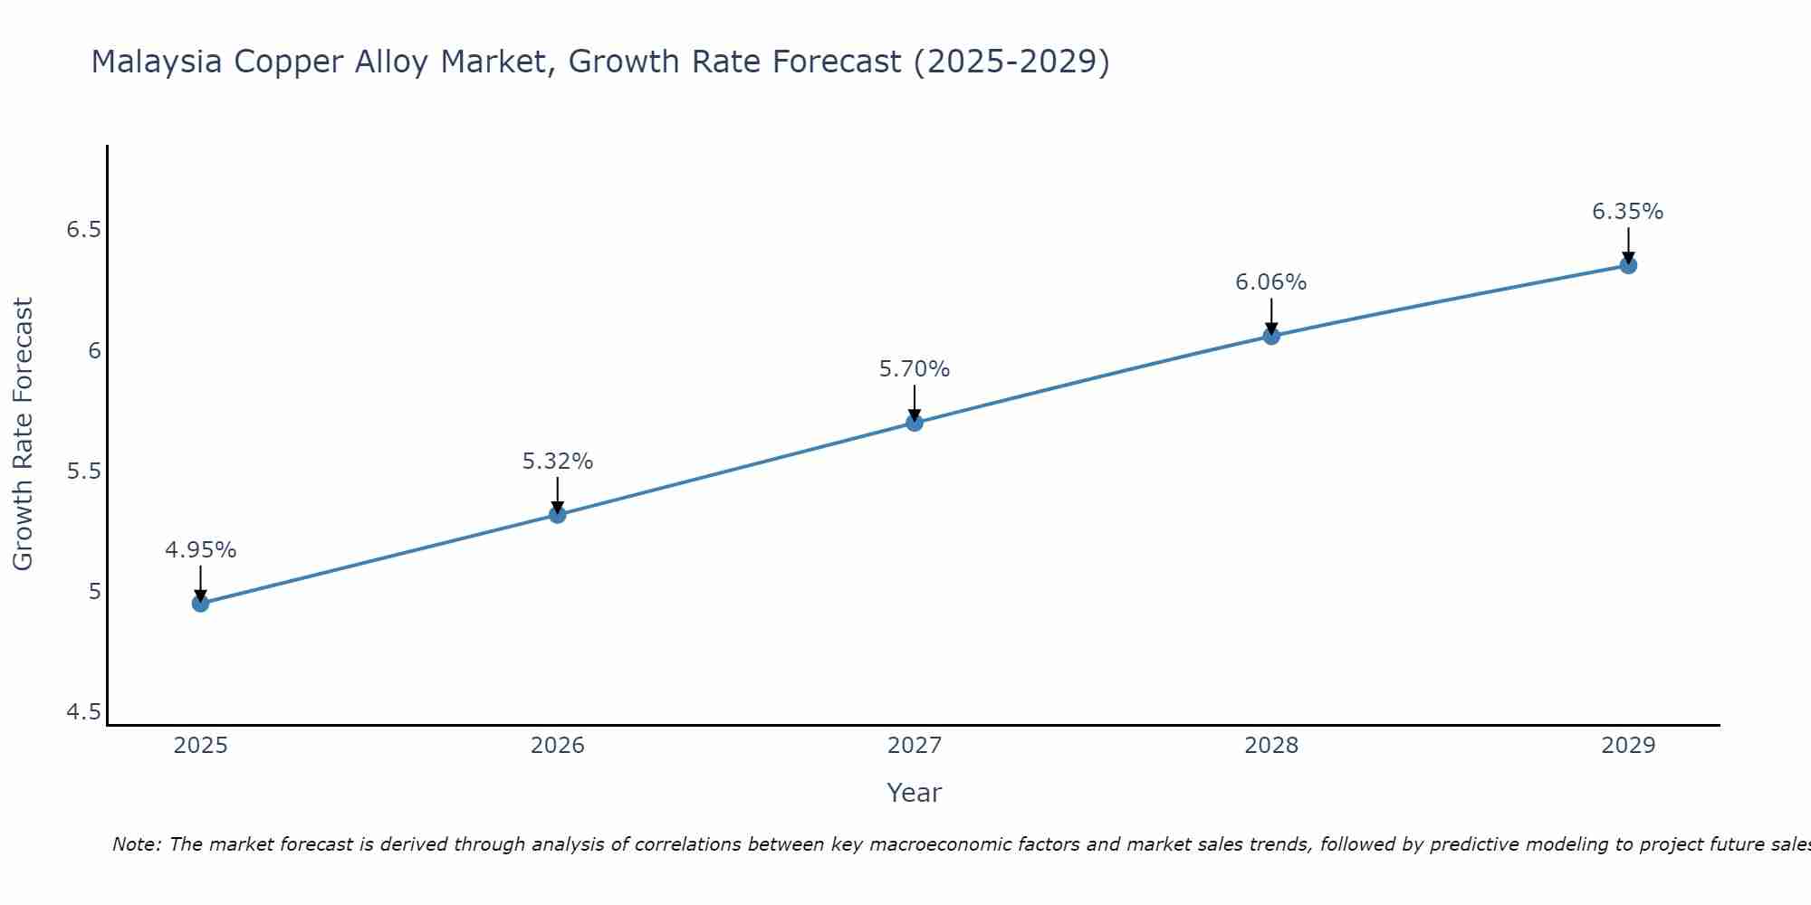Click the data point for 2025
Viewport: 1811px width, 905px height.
(x=201, y=604)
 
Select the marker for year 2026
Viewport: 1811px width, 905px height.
(x=558, y=515)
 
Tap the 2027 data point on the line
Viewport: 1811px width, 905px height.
(x=915, y=423)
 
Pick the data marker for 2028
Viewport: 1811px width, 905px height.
(x=1271, y=336)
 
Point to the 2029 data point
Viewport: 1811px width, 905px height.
(x=1628, y=265)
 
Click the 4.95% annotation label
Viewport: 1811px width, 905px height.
(x=201, y=550)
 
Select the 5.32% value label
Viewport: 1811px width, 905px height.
(x=558, y=462)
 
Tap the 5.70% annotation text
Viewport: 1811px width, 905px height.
(x=915, y=369)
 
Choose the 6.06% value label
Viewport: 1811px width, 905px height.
(x=1271, y=282)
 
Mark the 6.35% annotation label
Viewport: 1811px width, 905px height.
(x=1628, y=212)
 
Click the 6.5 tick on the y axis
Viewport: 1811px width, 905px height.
(x=83, y=230)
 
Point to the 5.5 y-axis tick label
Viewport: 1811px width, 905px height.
(x=83, y=472)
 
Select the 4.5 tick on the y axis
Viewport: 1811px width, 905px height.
(x=83, y=713)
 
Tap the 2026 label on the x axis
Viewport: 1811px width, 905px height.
(x=558, y=746)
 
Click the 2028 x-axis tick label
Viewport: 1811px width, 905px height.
(x=1271, y=746)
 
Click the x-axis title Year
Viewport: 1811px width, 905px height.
(x=915, y=793)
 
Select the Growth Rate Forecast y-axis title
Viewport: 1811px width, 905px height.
(x=24, y=434)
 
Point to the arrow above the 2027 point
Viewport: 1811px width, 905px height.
(x=915, y=402)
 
